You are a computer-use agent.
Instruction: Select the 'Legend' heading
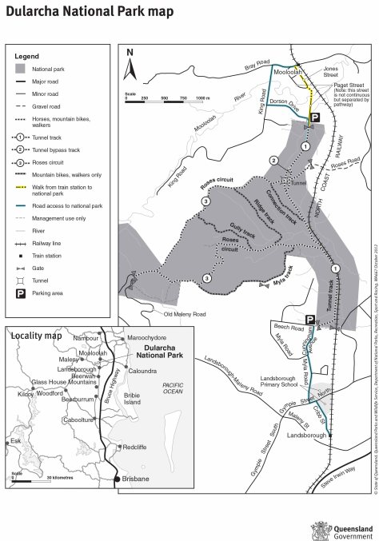click(27, 57)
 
